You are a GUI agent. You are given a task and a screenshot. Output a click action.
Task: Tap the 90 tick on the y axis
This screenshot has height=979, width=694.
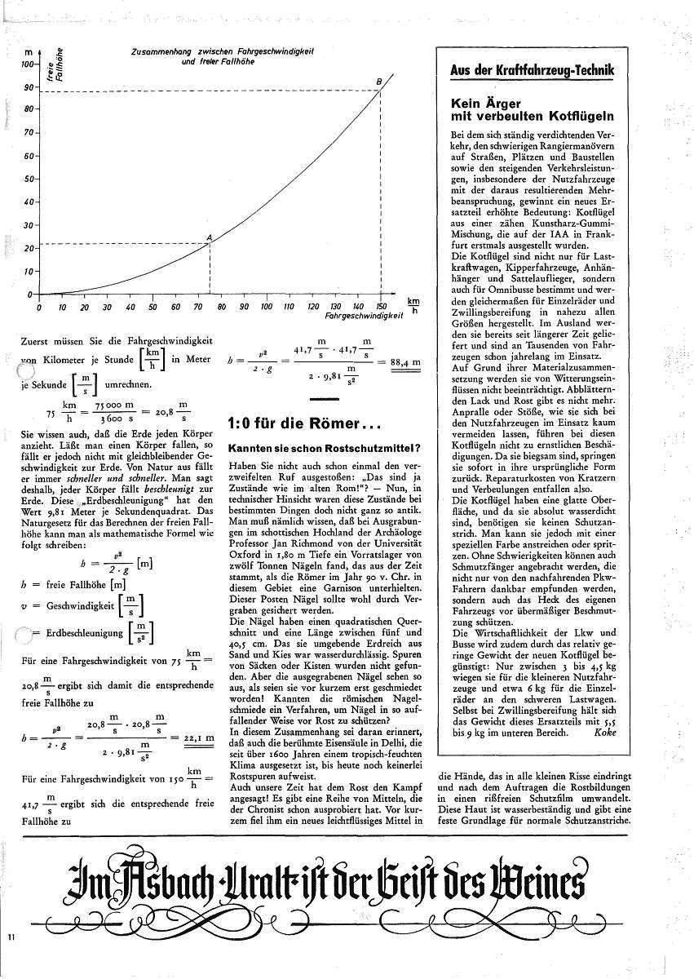[x=30, y=87]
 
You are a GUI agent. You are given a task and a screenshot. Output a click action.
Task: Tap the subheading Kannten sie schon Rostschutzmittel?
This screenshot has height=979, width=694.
[x=324, y=449]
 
